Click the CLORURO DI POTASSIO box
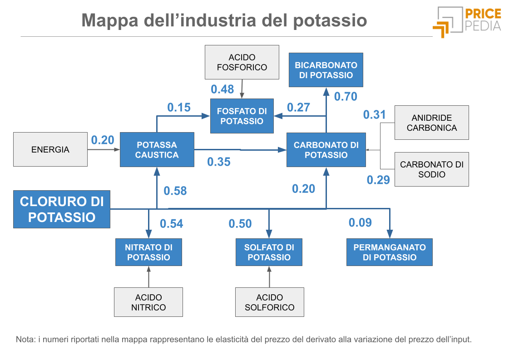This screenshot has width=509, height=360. click(62, 209)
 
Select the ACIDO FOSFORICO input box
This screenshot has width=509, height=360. click(242, 62)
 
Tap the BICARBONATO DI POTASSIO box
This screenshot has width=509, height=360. click(326, 70)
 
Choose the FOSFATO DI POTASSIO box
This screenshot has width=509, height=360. click(242, 116)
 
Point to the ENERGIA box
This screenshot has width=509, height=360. click(50, 149)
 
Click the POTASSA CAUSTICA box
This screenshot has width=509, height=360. click(157, 149)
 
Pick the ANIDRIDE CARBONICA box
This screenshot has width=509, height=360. click(431, 123)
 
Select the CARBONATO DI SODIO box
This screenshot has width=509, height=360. click(431, 169)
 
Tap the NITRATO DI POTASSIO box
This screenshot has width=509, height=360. click(148, 252)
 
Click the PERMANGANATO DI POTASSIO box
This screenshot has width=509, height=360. click(389, 252)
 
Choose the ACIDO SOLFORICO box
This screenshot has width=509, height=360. click(269, 302)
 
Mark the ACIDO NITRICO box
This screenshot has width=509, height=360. click(148, 302)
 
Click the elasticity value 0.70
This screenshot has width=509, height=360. click(346, 96)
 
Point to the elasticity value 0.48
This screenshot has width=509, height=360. click(222, 89)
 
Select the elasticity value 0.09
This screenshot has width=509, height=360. click(360, 222)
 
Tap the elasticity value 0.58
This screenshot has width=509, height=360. click(175, 191)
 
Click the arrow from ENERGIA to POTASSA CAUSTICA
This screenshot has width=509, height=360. click(104, 149)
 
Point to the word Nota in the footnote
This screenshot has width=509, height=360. click(25, 339)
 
